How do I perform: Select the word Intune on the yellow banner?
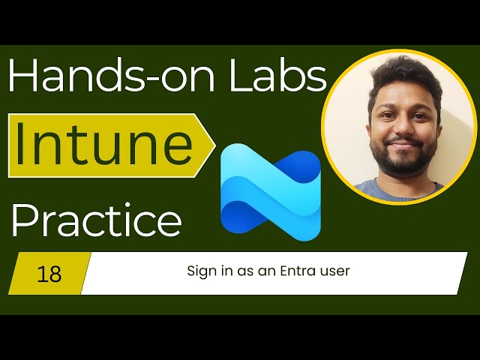coord(103,145)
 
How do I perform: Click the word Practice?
coord(96,222)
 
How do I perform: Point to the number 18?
coord(49,274)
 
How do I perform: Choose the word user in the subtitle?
coord(334,271)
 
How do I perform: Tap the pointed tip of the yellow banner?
coord(214,145)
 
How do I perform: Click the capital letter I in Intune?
coord(21,145)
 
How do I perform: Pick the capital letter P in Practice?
coord(23,222)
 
